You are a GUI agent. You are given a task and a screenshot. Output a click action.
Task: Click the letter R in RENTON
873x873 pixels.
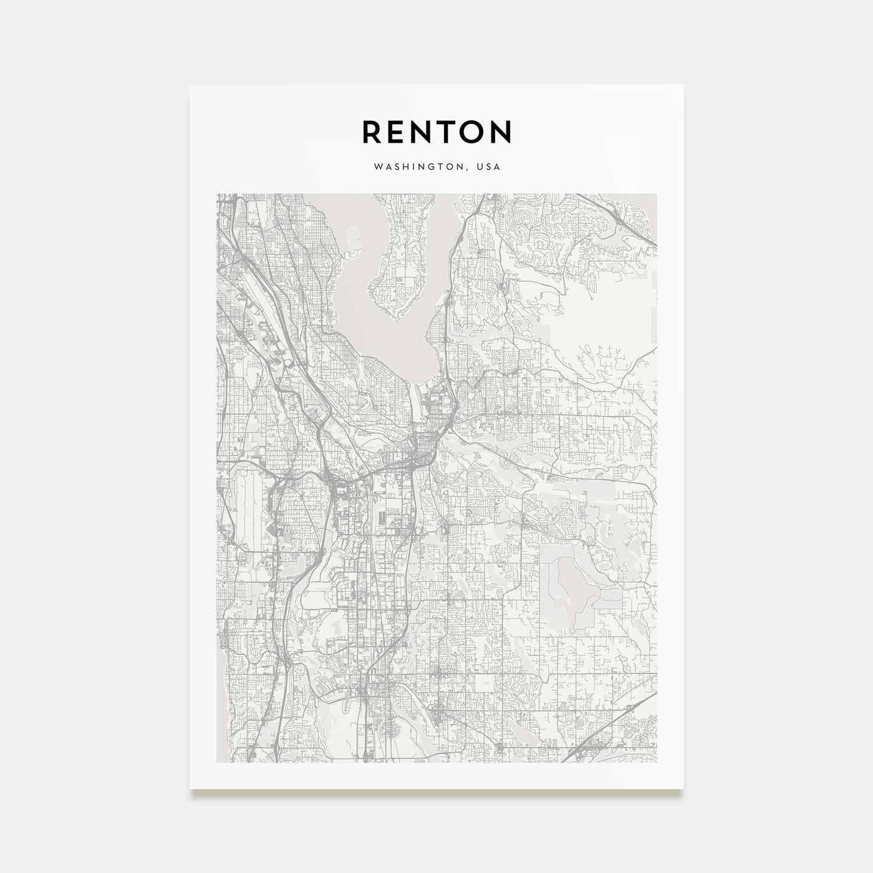click(372, 132)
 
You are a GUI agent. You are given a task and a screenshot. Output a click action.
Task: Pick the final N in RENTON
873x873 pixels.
click(503, 132)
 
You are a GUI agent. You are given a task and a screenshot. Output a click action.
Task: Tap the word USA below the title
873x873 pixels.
click(490, 167)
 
